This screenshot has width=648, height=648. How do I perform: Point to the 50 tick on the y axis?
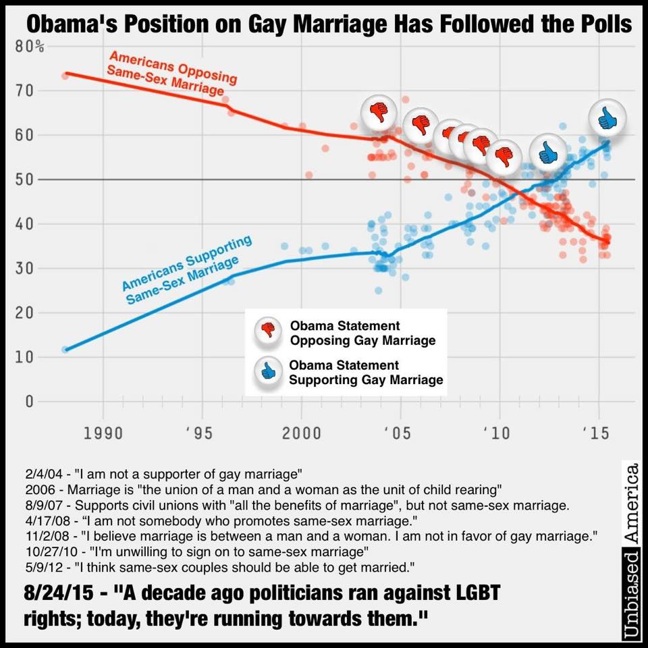coord(27,180)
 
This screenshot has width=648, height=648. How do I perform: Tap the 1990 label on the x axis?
coord(103,432)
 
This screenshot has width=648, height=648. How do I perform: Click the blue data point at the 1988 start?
coord(65,350)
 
